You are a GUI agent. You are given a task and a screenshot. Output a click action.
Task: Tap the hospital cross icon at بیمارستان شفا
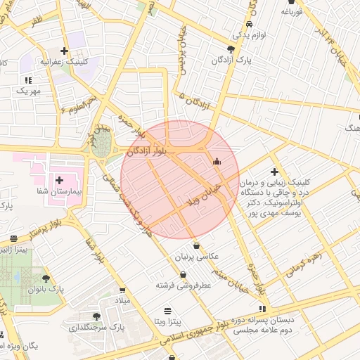(x=59, y=181)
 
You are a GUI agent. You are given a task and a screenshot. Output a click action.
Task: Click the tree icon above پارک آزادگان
(x=231, y=49)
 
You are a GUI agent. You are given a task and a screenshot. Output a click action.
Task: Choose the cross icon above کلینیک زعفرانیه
(x=65, y=51)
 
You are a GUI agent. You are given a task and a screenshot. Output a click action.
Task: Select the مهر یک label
(x=29, y=91)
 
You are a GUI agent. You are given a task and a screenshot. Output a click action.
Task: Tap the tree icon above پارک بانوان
(x=46, y=278)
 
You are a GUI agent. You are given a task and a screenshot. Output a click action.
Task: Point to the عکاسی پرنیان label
(x=205, y=257)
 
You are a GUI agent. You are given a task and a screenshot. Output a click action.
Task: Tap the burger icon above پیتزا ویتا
(x=167, y=310)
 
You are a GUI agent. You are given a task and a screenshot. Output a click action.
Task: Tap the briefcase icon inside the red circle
(x=217, y=162)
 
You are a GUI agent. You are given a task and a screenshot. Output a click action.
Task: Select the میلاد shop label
(x=123, y=300)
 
